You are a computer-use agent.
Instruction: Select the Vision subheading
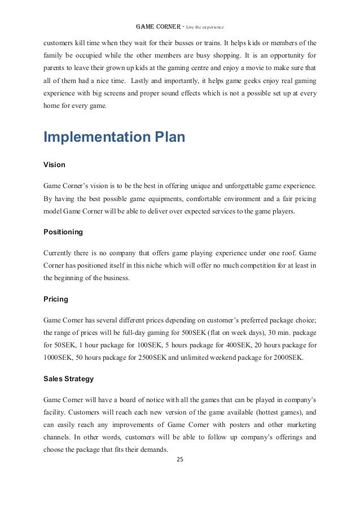point(54,165)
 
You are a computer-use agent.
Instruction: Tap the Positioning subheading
point(63,232)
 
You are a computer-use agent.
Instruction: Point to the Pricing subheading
point(56,299)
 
